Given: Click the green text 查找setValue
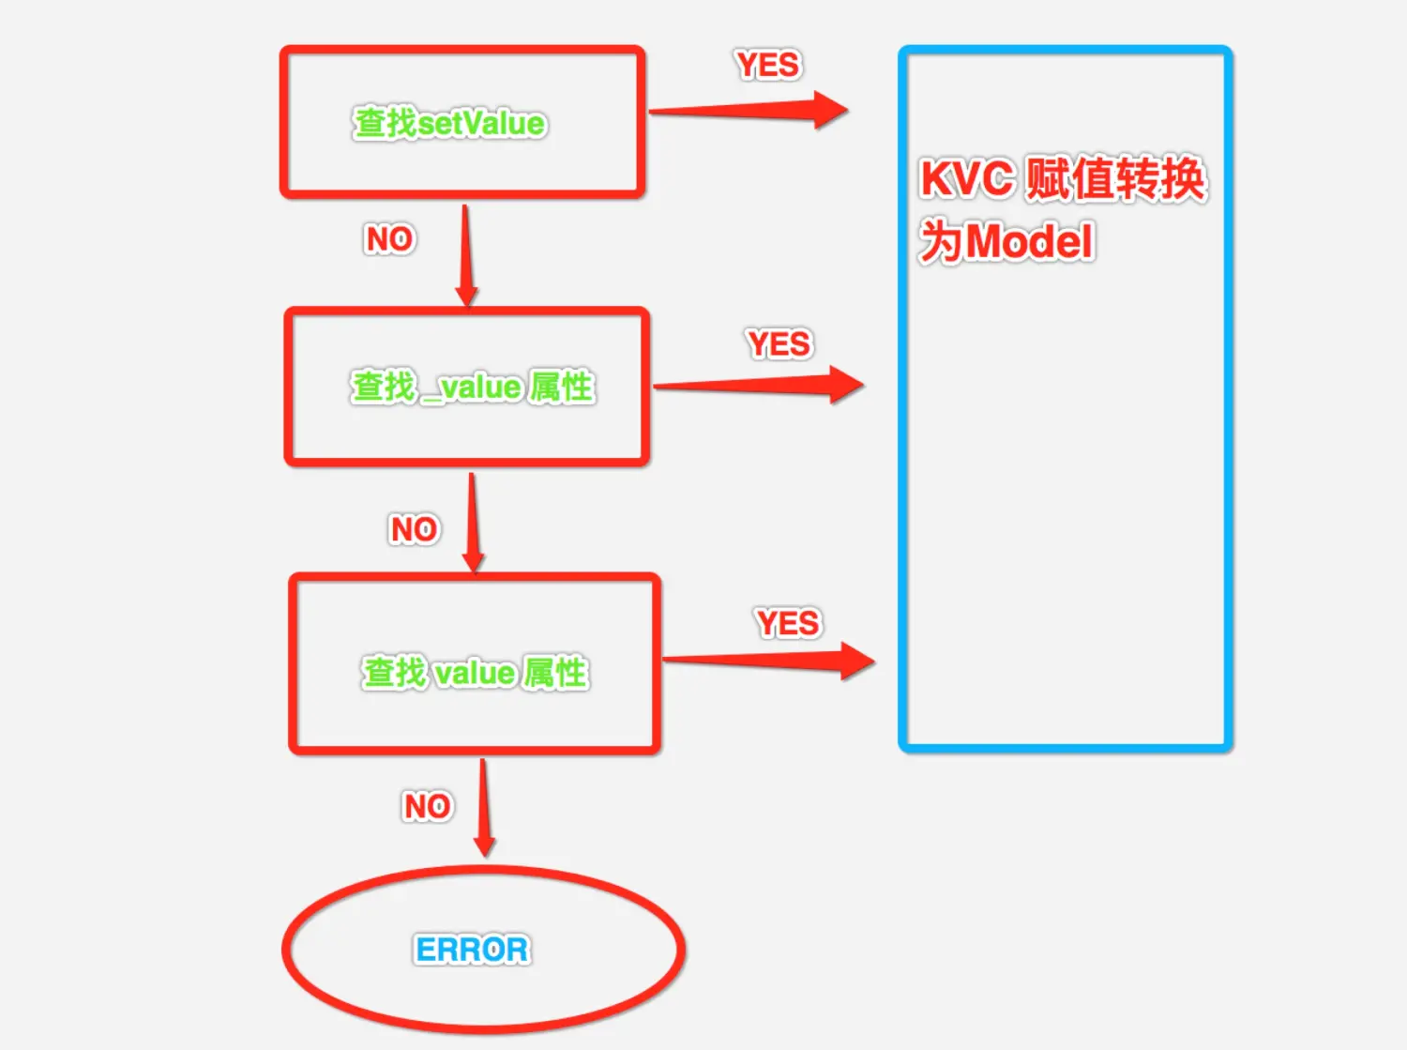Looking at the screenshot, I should [x=449, y=124].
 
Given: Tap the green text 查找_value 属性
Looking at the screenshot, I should [x=472, y=387].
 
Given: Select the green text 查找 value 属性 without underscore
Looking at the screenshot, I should [x=475, y=673].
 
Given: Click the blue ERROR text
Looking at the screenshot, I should [x=472, y=950].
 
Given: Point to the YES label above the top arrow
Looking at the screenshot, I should [x=767, y=65].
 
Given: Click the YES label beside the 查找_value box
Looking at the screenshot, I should [x=779, y=343].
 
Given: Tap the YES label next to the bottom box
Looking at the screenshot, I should [x=788, y=623].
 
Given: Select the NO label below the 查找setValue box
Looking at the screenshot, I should [x=389, y=239].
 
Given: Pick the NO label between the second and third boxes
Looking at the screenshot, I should [x=414, y=529].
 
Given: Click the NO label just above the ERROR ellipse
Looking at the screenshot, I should [x=427, y=806].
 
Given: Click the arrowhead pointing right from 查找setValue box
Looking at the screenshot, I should [x=829, y=110].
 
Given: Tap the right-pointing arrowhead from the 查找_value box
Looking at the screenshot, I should [x=845, y=385].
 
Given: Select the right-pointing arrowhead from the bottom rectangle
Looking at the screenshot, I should [x=856, y=662].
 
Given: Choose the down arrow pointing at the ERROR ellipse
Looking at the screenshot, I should [x=484, y=841].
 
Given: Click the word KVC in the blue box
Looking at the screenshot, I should [x=967, y=179].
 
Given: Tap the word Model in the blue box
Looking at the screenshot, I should [x=1029, y=242].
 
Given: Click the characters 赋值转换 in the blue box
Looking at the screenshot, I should [x=1115, y=178].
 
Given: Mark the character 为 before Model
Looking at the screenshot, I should [x=941, y=241].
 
